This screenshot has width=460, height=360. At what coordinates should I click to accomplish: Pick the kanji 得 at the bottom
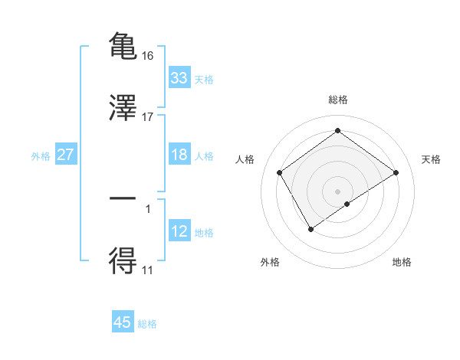coord(123,261)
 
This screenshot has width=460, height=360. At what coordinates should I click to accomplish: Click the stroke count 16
coord(148,55)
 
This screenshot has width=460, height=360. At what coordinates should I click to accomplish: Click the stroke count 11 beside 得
coord(148,270)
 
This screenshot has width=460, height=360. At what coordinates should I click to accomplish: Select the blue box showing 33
coord(179,77)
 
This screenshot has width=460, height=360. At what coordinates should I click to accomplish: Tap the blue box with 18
coord(179,155)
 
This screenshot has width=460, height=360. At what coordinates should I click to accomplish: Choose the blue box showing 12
coord(179,231)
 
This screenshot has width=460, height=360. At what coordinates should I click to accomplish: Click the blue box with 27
coord(66,155)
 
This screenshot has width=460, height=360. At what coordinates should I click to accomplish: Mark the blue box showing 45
coord(123,322)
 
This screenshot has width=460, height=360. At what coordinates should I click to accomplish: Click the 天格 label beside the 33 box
coord(204,80)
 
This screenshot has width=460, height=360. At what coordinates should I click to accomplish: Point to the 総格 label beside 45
coord(147,325)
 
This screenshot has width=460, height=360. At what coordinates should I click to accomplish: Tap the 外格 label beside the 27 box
coord(41,156)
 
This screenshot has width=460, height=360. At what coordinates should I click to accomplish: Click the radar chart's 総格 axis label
coord(337,100)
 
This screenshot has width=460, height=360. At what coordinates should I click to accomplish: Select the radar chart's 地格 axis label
coord(402,262)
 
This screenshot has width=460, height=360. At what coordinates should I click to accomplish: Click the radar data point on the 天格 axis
coord(396,172)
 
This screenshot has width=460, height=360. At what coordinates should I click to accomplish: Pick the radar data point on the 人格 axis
coord(280,172)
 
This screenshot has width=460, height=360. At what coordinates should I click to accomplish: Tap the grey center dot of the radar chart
coord(337,191)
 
